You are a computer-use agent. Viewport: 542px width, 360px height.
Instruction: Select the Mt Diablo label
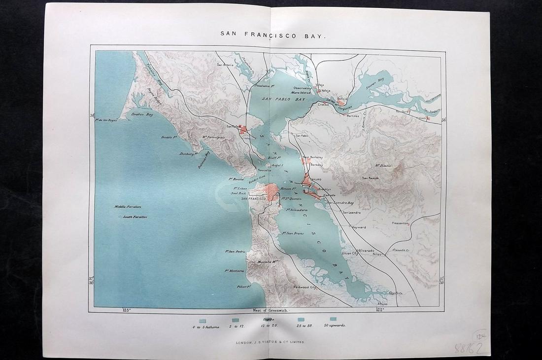click(x=383, y=166)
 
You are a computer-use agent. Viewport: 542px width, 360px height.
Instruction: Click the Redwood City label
click(x=304, y=287)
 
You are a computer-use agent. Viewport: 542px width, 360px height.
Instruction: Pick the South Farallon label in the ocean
click(x=135, y=217)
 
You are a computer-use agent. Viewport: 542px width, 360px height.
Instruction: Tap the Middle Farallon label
click(x=128, y=207)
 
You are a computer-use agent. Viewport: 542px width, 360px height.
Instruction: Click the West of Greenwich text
click(x=270, y=310)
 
